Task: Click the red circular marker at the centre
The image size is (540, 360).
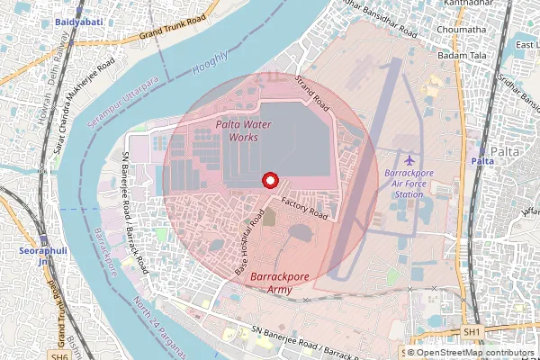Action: [267, 180]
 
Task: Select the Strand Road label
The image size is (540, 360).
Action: [312, 94]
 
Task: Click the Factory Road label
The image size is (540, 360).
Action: [303, 208]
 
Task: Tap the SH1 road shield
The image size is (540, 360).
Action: [471, 332]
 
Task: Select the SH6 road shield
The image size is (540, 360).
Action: [59, 356]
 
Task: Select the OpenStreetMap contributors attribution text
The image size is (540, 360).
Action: [472, 353]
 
